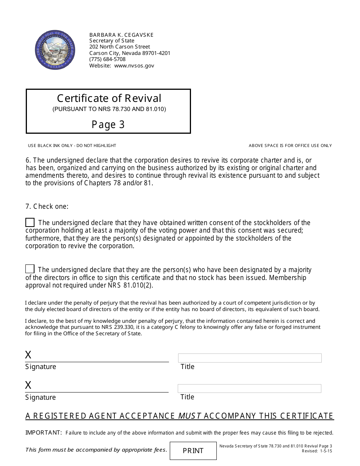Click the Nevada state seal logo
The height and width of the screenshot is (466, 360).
55,50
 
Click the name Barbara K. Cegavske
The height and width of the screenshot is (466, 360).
121,35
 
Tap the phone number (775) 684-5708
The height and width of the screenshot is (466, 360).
107,59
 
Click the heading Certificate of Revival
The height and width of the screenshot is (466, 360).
109,99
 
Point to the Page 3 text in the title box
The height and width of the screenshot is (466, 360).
108,125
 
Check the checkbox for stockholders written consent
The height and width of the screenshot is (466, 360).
30,222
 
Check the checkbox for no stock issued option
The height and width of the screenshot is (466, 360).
30,269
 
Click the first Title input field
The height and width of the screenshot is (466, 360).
250,358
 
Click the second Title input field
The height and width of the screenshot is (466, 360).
249,388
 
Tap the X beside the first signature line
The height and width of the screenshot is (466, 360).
28,355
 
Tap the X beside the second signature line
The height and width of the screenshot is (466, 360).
28,385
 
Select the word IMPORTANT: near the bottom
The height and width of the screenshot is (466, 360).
44,433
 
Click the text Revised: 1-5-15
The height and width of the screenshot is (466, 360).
317,451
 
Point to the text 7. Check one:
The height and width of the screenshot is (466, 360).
47,206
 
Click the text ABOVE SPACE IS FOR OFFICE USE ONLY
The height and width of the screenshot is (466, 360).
290,145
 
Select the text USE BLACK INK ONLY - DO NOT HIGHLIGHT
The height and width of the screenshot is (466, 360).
72,145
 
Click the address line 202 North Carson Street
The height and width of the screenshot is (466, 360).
119,47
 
